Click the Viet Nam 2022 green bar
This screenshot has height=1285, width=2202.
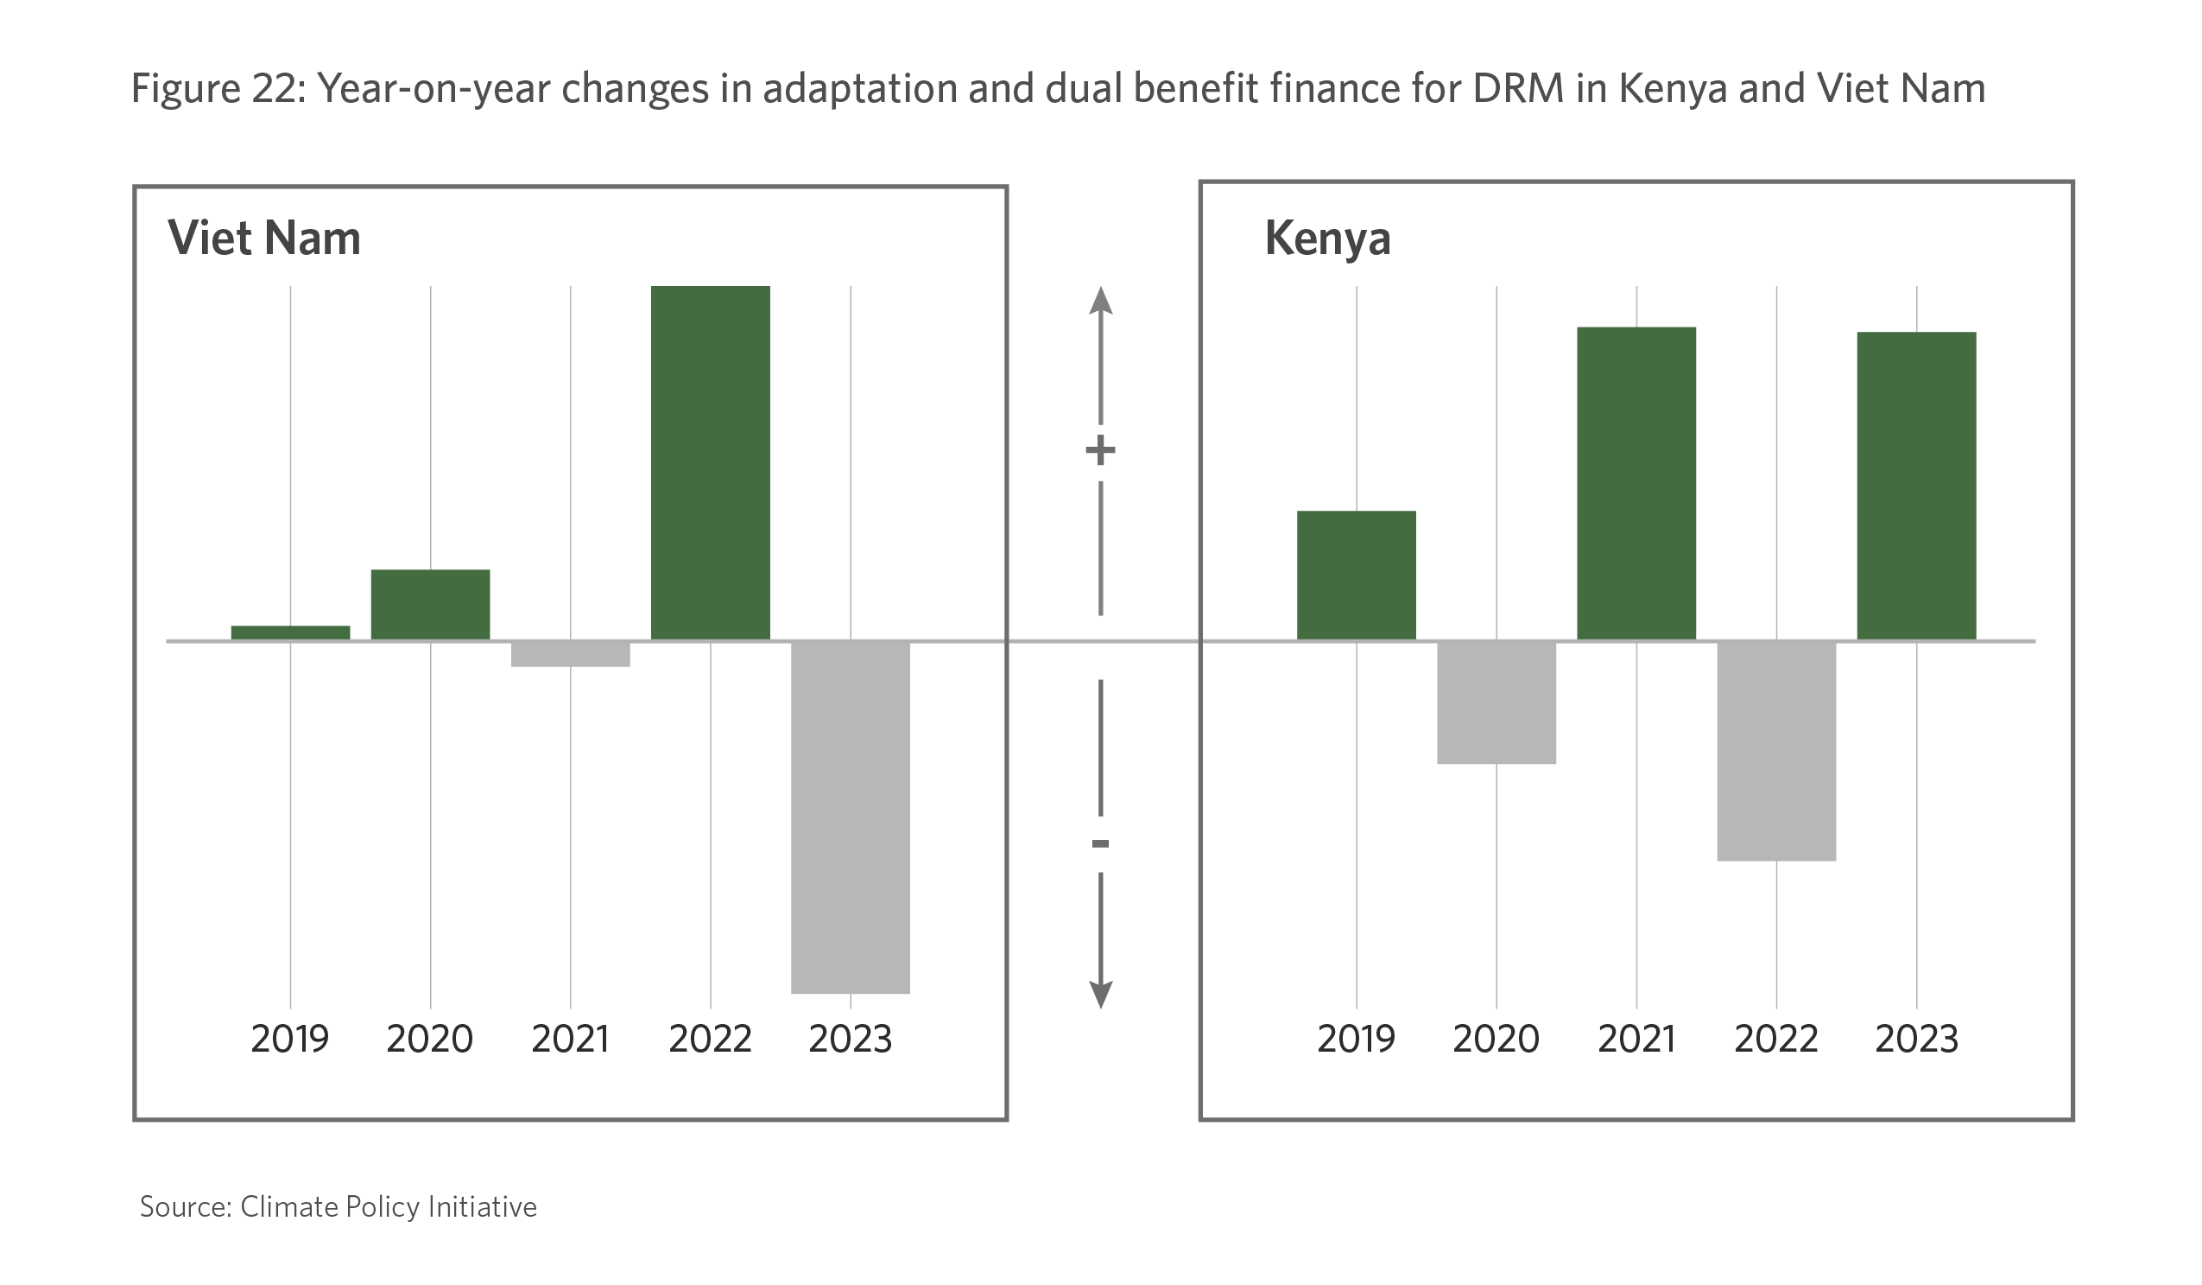tap(710, 462)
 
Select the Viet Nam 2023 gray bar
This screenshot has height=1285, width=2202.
tap(851, 817)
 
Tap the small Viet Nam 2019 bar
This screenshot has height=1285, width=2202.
tap(290, 632)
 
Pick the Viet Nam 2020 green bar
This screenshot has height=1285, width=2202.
tap(430, 604)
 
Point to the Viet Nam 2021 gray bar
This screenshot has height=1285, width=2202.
tap(570, 654)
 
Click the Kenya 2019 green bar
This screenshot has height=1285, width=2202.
tap(1356, 576)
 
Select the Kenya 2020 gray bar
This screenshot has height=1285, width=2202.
tap(1496, 703)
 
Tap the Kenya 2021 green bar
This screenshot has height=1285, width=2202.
tap(1636, 483)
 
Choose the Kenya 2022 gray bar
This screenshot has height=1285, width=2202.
tap(1775, 751)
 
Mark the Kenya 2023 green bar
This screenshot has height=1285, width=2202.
tap(1916, 486)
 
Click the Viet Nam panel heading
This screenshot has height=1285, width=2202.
tap(264, 238)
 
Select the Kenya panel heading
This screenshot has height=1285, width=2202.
tap(1327, 238)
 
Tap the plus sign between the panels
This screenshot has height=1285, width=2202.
tap(1100, 451)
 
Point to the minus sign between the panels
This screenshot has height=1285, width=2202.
tap(1100, 843)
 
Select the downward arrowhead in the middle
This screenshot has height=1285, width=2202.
tap(1100, 994)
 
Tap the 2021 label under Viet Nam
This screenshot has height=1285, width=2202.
tap(570, 1039)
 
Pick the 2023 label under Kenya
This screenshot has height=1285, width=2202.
tap(1916, 1039)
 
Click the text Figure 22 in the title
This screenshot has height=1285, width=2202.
tap(218, 88)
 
